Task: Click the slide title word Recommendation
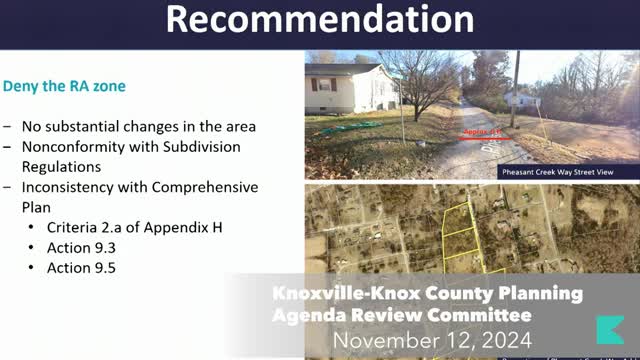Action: pyautogui.click(x=319, y=19)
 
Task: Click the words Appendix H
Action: pyautogui.click(x=185, y=227)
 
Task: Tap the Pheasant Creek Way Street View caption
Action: pyautogui.click(x=564, y=171)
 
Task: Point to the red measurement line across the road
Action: pyautogui.click(x=486, y=136)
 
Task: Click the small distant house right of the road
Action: pyautogui.click(x=523, y=98)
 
